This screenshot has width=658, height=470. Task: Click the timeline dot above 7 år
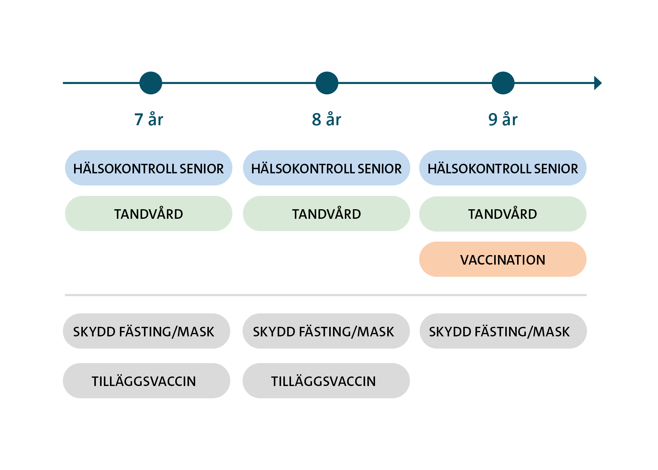pyautogui.click(x=151, y=83)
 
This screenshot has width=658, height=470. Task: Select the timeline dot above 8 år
pyautogui.click(x=327, y=83)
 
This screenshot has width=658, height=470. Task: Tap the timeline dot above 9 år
pyautogui.click(x=503, y=83)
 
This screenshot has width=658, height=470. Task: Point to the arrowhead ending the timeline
pyautogui.click(x=598, y=83)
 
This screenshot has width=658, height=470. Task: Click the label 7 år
pyautogui.click(x=149, y=120)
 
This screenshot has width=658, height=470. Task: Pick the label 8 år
pyautogui.click(x=327, y=120)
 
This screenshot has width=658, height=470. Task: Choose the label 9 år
pyautogui.click(x=503, y=120)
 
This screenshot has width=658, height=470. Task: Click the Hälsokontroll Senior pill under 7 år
pyautogui.click(x=149, y=168)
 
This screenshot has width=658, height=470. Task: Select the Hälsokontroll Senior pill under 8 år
pyautogui.click(x=327, y=168)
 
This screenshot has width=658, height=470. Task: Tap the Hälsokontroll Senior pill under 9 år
pyautogui.click(x=503, y=168)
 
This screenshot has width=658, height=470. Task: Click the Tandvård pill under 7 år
pyautogui.click(x=149, y=214)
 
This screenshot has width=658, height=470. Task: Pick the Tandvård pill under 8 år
pyautogui.click(x=327, y=214)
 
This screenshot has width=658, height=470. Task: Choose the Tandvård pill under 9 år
pyautogui.click(x=503, y=214)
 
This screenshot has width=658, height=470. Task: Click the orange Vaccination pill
pyautogui.click(x=503, y=259)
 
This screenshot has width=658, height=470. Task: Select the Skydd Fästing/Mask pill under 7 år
pyautogui.click(x=146, y=331)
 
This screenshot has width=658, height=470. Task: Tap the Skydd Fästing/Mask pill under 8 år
pyautogui.click(x=326, y=331)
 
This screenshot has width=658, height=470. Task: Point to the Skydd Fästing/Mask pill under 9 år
pyautogui.click(x=503, y=331)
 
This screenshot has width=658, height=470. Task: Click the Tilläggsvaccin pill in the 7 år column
pyautogui.click(x=146, y=381)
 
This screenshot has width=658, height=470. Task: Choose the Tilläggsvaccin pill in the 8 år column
pyautogui.click(x=326, y=381)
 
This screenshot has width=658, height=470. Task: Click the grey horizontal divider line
pyautogui.click(x=326, y=295)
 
